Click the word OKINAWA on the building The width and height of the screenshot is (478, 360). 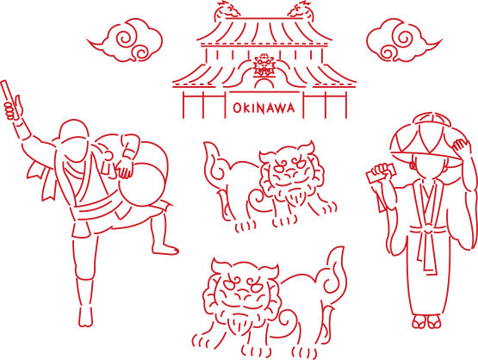click(264, 109)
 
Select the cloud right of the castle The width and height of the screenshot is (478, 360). click(403, 40)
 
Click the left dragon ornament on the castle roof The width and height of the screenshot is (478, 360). click(226, 9)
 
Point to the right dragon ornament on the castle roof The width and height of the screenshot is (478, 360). click(301, 9)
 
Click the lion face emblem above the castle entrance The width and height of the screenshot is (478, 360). click(264, 65)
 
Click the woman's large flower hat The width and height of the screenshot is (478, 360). click(427, 137)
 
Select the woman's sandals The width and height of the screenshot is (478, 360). click(427, 321)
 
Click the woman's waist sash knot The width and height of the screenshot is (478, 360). click(427, 229)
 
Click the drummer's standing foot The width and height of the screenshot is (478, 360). click(85, 317)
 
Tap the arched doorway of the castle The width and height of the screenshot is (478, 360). click(264, 82)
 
